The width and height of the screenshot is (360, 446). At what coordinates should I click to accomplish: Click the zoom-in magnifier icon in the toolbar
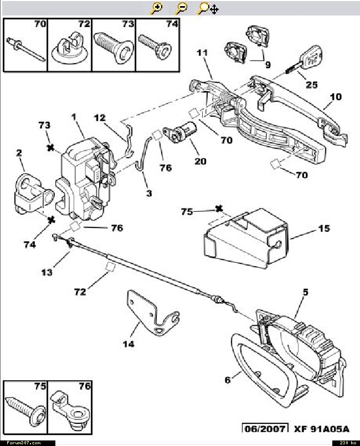(156, 8)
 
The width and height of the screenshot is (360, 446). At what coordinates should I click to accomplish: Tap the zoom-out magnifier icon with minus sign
(181, 8)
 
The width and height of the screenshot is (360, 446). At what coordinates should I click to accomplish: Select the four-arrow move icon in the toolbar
(214, 9)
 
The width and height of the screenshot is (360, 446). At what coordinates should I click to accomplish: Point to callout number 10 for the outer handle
(336, 97)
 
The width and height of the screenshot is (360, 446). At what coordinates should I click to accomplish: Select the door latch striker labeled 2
(34, 194)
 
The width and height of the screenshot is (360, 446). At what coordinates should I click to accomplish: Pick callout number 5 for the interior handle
(305, 292)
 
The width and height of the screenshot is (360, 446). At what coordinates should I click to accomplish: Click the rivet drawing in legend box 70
(25, 49)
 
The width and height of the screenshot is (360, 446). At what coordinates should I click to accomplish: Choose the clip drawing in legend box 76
(70, 412)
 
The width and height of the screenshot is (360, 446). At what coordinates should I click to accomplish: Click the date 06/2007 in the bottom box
(265, 429)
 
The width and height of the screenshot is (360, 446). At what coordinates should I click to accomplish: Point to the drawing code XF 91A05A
(322, 429)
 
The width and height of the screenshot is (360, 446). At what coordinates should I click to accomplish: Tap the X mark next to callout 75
(218, 209)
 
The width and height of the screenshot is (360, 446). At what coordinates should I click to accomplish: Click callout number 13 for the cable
(47, 272)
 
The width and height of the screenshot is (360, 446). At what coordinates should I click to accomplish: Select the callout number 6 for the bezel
(228, 380)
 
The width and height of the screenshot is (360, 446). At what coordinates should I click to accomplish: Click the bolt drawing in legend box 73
(114, 46)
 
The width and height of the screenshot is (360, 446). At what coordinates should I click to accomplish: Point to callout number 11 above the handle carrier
(202, 53)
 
